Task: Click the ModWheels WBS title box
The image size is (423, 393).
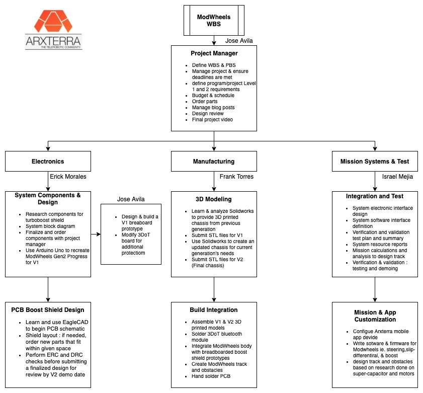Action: (214, 20)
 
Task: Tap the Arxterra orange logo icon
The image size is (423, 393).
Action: (53, 21)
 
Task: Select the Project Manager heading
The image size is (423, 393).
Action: (214, 53)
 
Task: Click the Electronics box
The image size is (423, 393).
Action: (48, 161)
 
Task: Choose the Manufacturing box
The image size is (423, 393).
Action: (214, 161)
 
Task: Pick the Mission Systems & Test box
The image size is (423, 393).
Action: (375, 161)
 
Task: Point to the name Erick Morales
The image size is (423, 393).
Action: (68, 177)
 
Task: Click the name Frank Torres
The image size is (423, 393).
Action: (236, 177)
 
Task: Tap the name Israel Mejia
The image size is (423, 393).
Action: (397, 177)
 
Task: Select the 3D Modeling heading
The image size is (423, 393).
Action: (214, 199)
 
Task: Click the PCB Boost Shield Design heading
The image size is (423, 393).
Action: (48, 310)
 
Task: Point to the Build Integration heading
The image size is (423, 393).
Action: (214, 310)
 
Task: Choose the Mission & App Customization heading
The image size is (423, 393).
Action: (375, 316)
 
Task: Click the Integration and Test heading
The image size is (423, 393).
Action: (375, 196)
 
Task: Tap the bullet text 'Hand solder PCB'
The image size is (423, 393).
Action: (211, 376)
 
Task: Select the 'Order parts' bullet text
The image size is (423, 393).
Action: (205, 102)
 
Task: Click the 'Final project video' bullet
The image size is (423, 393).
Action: (212, 120)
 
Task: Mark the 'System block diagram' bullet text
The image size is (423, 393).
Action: (50, 226)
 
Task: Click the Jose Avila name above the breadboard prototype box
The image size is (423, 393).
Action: (131, 199)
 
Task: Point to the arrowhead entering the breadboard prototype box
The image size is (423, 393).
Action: (99, 234)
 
